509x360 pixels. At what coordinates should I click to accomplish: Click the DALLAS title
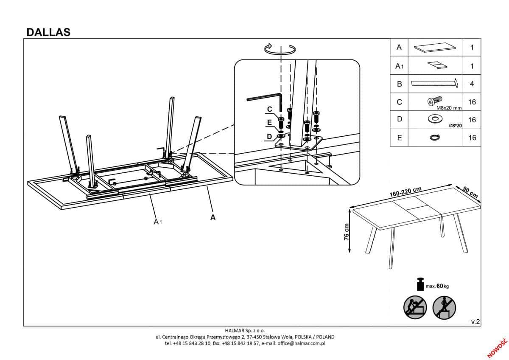pyautogui.click(x=48, y=32)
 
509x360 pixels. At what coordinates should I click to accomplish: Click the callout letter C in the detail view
pyautogui.click(x=269, y=110)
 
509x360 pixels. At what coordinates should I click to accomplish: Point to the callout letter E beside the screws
pyautogui.click(x=269, y=123)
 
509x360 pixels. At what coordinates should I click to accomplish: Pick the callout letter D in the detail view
pyautogui.click(x=269, y=136)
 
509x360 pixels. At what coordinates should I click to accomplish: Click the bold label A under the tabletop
pyautogui.click(x=213, y=217)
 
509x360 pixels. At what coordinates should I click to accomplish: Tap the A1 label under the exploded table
pyautogui.click(x=158, y=221)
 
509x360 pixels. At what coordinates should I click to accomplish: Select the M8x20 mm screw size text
pyautogui.click(x=448, y=108)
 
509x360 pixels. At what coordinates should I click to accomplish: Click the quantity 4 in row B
pyautogui.click(x=472, y=84)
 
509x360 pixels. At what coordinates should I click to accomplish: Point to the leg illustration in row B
pyautogui.click(x=435, y=83)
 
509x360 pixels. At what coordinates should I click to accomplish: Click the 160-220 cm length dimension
pyautogui.click(x=405, y=191)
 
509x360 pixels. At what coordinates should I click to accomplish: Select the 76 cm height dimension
pyautogui.click(x=346, y=231)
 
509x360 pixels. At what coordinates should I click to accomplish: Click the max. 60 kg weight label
pyautogui.click(x=437, y=286)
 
